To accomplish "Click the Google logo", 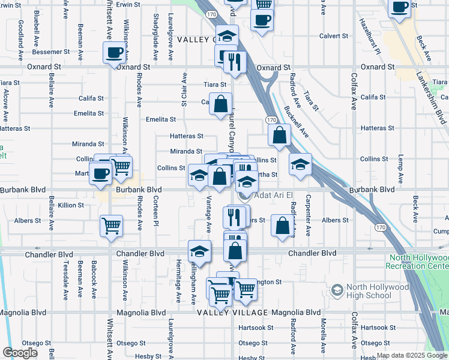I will (x=20, y=353).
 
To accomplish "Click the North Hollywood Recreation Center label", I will (x=417, y=262).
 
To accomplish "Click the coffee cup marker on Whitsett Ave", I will (x=114, y=53).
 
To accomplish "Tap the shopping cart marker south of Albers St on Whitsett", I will (x=111, y=226).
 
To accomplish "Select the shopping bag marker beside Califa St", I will (x=221, y=104).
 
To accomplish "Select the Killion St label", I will (x=71, y=205).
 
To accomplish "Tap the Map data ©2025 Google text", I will (x=412, y=355).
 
